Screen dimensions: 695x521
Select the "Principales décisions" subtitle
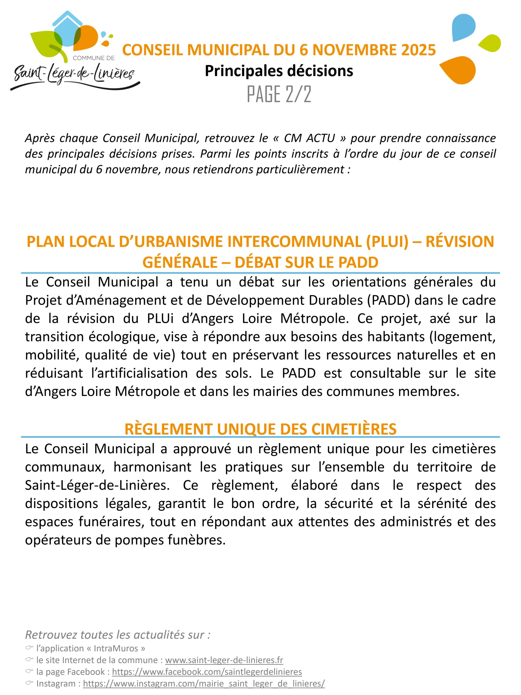tap(279, 71)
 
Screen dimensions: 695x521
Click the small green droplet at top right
tap(491, 43)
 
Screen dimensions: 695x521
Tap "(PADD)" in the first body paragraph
tap(389, 300)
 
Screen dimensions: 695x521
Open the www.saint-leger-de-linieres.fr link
tap(224, 660)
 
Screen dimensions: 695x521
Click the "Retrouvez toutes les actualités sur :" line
tap(117, 635)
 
